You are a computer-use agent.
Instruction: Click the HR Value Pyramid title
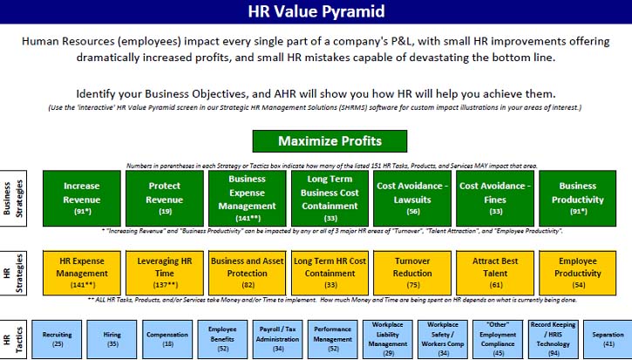point(316,12)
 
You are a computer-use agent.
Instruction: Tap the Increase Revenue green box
point(80,197)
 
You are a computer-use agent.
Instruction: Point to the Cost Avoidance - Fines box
point(493,197)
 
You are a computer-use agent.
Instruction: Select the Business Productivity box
point(578,197)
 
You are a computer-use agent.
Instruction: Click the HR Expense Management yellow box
point(80,271)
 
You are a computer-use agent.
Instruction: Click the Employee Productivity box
point(578,271)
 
